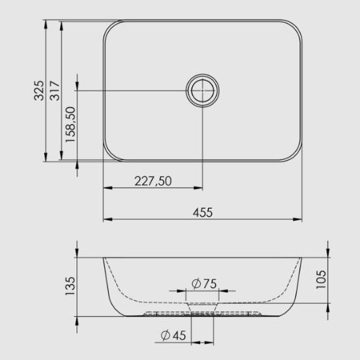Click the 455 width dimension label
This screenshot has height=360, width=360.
click(x=203, y=212)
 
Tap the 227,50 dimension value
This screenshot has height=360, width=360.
click(x=153, y=181)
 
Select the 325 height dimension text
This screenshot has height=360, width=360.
click(x=39, y=91)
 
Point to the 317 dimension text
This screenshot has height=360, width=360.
click(x=55, y=91)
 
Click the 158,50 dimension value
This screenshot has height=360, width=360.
click(x=71, y=125)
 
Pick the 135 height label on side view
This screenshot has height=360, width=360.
click(x=71, y=286)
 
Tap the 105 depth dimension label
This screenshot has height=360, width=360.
click(x=321, y=279)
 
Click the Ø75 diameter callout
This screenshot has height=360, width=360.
click(x=204, y=284)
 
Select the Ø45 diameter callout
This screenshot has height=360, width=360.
click(x=174, y=336)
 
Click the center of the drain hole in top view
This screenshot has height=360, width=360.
click(x=202, y=91)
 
